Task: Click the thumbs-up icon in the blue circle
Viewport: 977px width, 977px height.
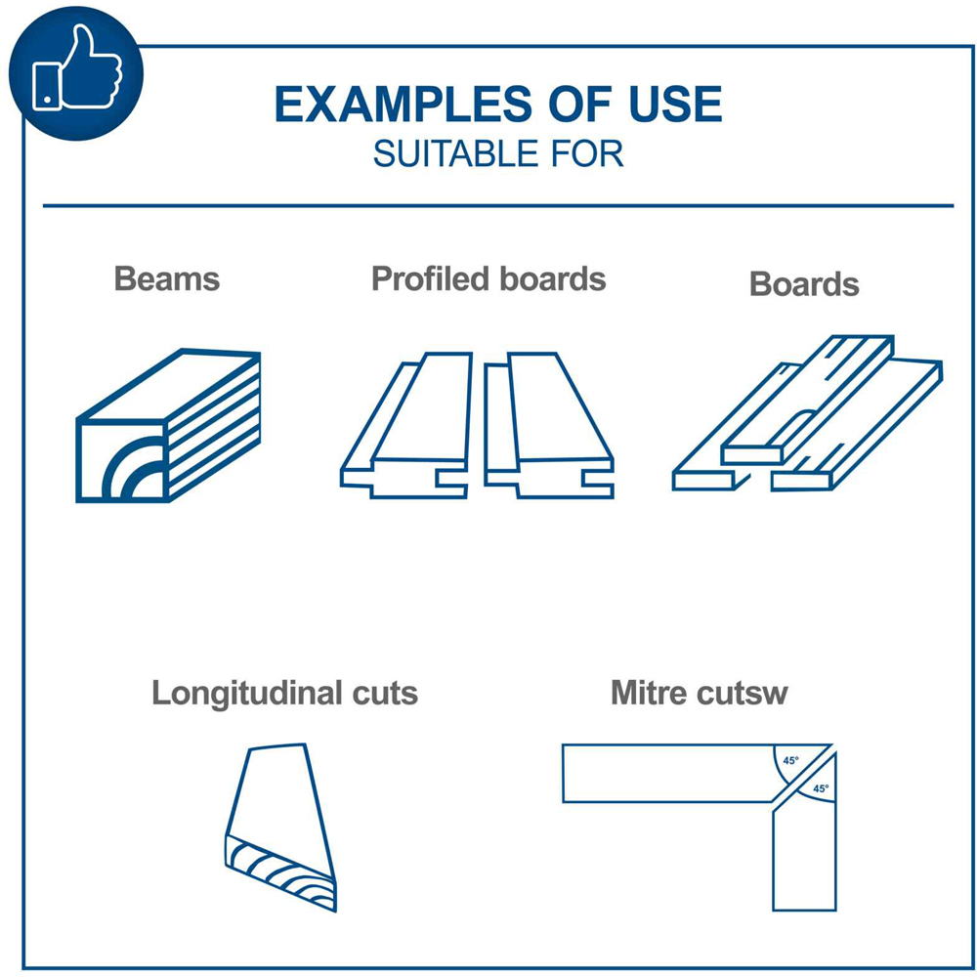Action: pos(77,68)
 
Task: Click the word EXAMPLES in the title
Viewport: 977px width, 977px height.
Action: pos(404,105)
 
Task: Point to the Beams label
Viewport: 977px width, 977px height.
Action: pos(167,278)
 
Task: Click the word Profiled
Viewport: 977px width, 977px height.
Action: pos(430,278)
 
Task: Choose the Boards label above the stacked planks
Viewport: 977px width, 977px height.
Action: pos(804,284)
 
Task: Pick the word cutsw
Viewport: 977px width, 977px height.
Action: pos(743,694)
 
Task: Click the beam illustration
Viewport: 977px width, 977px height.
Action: pos(168,426)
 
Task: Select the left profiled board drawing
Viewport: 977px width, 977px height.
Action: pos(405,426)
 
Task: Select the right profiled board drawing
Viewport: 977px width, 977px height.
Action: pos(549,426)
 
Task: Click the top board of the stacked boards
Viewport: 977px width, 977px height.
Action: pos(808,400)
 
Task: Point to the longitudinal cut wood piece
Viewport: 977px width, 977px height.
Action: pos(281,828)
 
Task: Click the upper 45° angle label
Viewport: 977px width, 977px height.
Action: pos(790,761)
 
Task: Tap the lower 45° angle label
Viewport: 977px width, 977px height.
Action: pos(822,788)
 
